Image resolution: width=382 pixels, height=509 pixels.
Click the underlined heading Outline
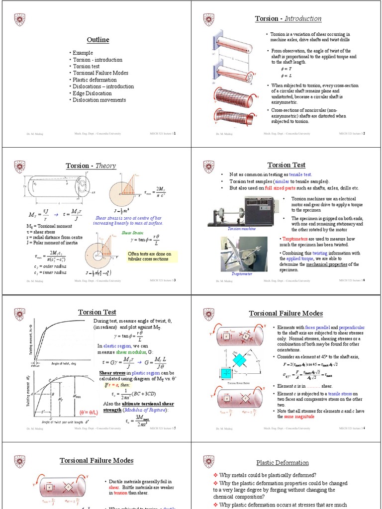(98, 40)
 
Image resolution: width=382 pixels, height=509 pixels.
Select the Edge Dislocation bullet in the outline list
(92, 93)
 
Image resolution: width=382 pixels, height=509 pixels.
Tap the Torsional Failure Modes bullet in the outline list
(100, 73)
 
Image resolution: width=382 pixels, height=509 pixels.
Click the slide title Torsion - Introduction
(288, 19)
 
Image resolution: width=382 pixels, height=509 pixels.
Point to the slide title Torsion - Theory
(91, 166)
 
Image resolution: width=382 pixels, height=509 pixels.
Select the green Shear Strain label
(132, 233)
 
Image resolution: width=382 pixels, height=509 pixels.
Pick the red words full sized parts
(282, 188)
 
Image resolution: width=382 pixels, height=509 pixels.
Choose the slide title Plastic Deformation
(283, 463)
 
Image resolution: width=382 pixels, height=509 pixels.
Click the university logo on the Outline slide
(19, 19)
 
